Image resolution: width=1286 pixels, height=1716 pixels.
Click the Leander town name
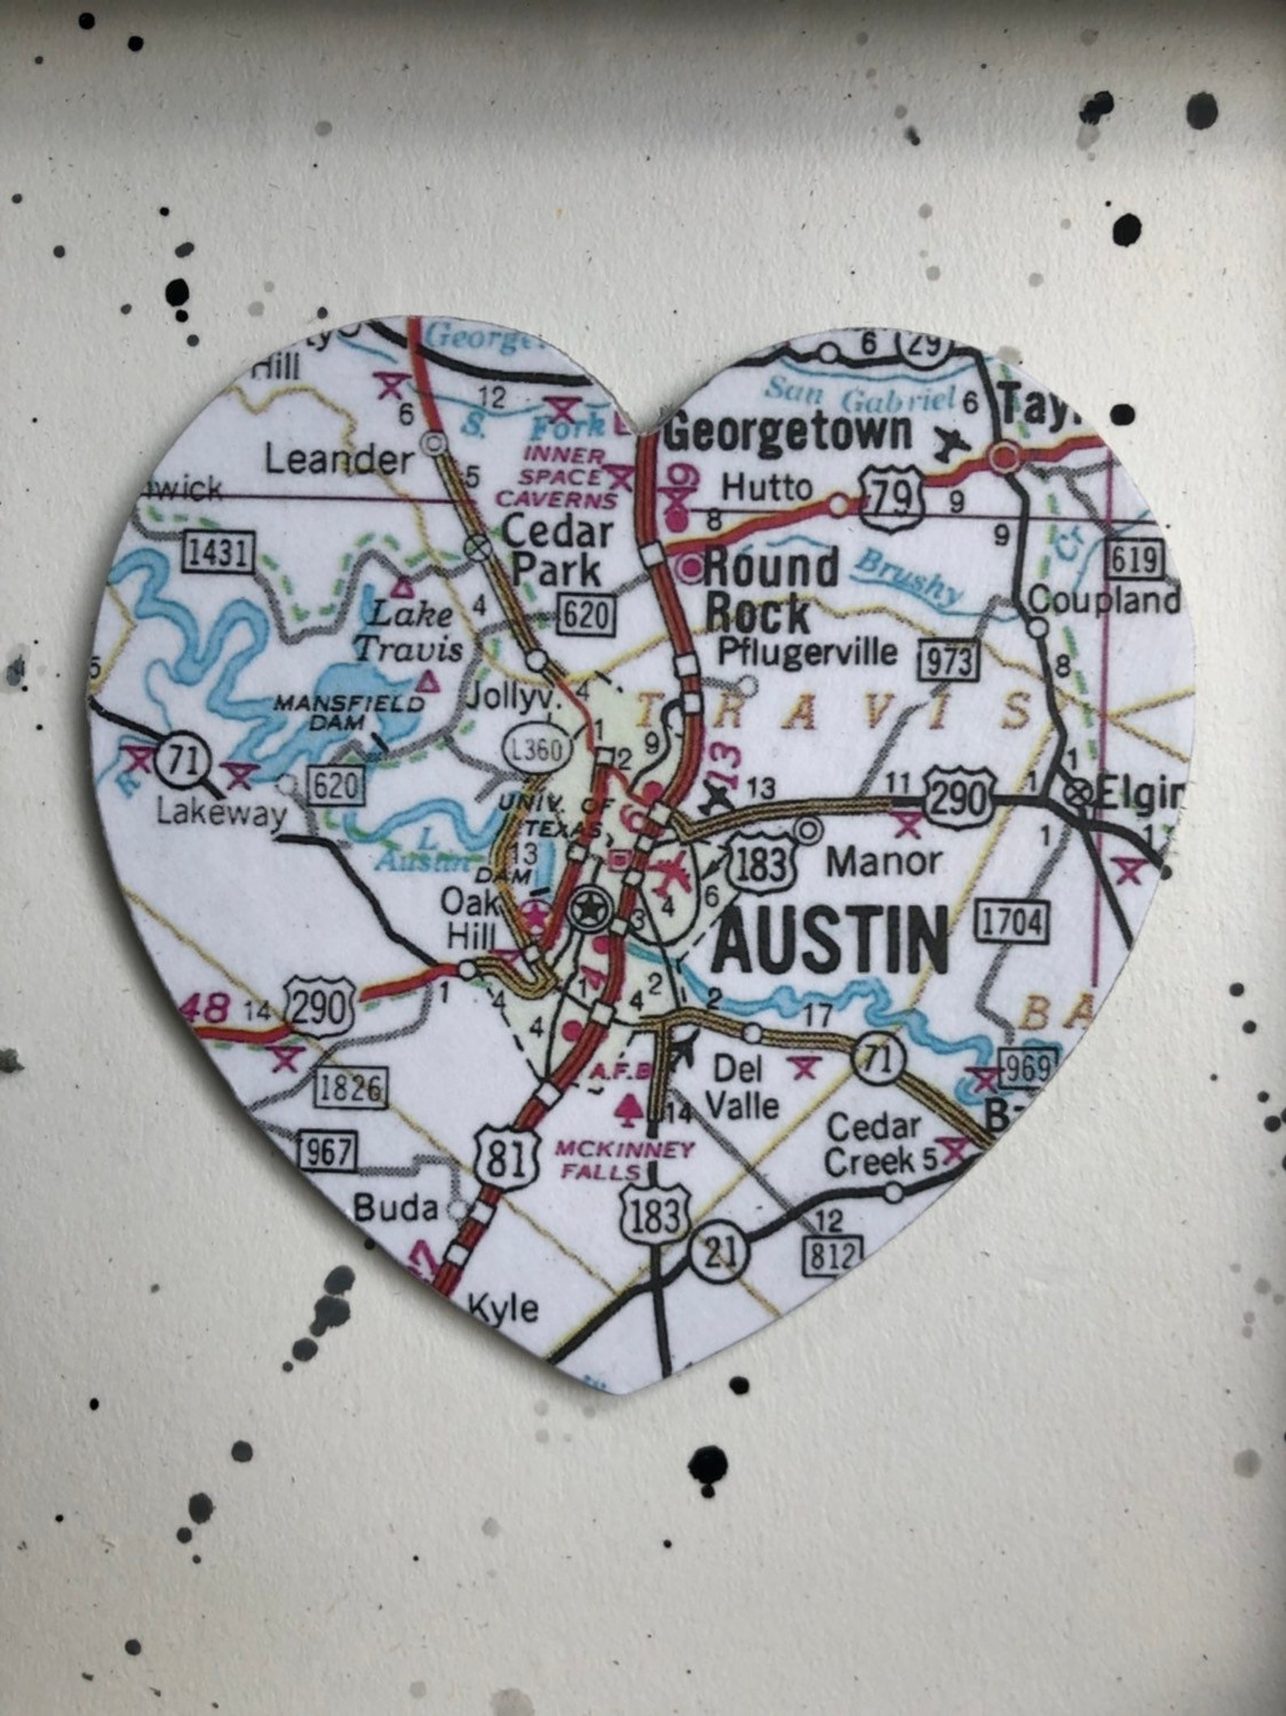[x=339, y=461]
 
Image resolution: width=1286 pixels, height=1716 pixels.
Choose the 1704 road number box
[x=1013, y=921]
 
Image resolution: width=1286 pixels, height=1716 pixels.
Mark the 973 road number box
[x=948, y=660]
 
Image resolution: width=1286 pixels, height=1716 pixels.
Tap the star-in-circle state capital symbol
[x=587, y=910]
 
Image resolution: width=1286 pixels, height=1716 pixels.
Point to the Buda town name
[x=397, y=1208]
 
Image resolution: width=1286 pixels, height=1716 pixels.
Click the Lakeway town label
[x=221, y=812]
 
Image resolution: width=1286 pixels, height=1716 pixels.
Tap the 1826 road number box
[x=351, y=1088]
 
